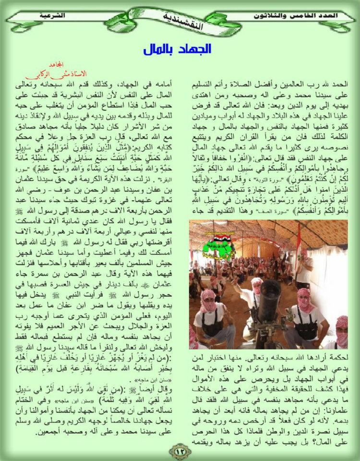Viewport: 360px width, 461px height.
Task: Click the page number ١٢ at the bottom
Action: [x=180, y=452]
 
